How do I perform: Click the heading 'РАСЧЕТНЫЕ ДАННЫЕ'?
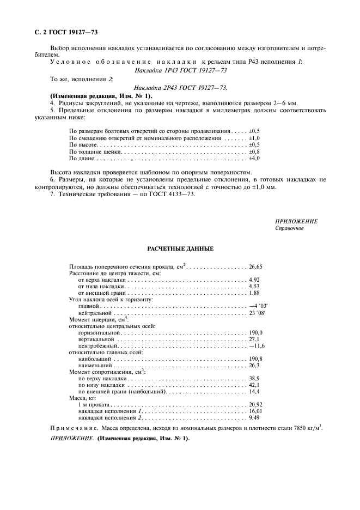point(180,249)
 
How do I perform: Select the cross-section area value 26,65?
point(255,267)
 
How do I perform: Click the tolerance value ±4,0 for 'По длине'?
point(254,159)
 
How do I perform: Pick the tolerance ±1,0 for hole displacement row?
point(254,139)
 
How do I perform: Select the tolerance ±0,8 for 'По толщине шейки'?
point(254,152)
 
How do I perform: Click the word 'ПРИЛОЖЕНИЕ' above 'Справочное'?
point(296,222)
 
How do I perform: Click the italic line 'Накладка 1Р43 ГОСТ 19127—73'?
point(180,70)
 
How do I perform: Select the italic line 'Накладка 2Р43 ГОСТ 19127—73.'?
point(180,87)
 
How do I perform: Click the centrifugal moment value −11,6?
point(256,345)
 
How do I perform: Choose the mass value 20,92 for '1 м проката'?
point(255,405)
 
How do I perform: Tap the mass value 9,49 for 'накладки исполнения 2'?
point(254,418)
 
